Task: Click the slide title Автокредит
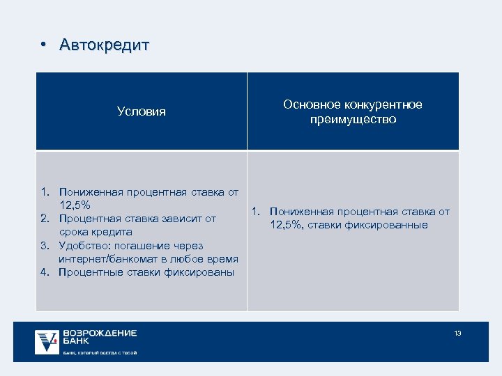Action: tap(105, 46)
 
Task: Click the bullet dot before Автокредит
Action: tap(43, 46)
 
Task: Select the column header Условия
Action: tap(142, 111)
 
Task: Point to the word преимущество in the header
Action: tap(353, 120)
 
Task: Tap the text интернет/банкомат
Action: tap(105, 258)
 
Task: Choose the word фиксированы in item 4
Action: tap(202, 272)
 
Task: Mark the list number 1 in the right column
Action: tap(256, 212)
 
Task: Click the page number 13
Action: tap(457, 334)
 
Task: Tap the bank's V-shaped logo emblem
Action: tap(47, 341)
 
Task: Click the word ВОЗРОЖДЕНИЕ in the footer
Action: tap(100, 334)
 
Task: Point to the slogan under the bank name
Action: tap(100, 353)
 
